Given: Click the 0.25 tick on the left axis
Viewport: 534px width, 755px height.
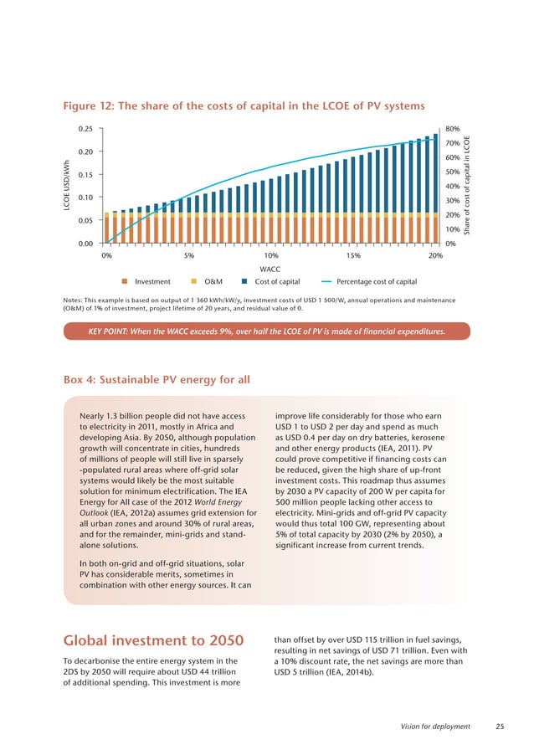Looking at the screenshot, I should pyautogui.click(x=83, y=129).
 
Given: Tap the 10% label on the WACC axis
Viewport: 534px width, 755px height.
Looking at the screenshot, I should pyautogui.click(x=271, y=255).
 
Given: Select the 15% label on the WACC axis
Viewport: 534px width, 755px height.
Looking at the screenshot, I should pyautogui.click(x=353, y=255).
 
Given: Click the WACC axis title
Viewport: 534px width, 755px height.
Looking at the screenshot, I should pyautogui.click(x=270, y=270).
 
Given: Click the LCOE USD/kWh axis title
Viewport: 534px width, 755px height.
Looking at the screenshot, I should pyautogui.click(x=60, y=186).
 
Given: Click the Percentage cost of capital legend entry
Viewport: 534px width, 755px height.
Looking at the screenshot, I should pyautogui.click(x=368, y=282).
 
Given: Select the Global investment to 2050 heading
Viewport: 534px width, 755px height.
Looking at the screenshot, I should pyautogui.click(x=153, y=642).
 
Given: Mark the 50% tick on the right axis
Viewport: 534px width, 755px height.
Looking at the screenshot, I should pyautogui.click(x=453, y=172).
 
